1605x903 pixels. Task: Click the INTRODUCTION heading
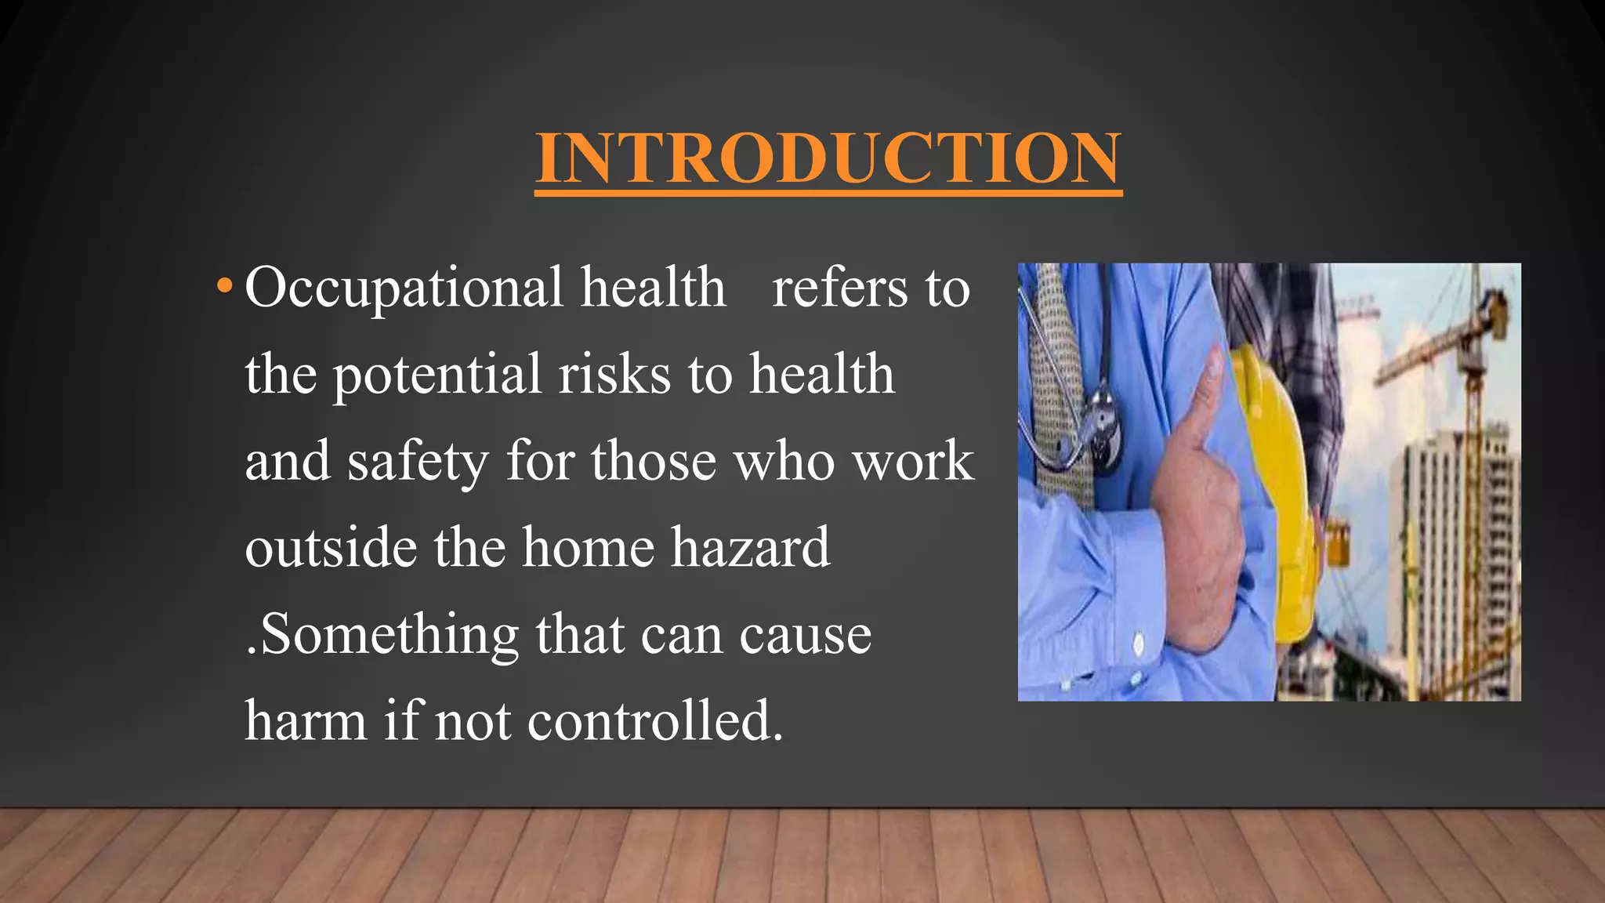click(x=828, y=158)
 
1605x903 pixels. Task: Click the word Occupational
click(x=404, y=288)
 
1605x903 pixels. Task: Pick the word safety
click(x=418, y=462)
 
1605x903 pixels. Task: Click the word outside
click(x=331, y=547)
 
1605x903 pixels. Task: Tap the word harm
click(x=306, y=720)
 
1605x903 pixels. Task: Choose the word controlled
click(x=654, y=720)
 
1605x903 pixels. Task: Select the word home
click(x=588, y=547)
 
